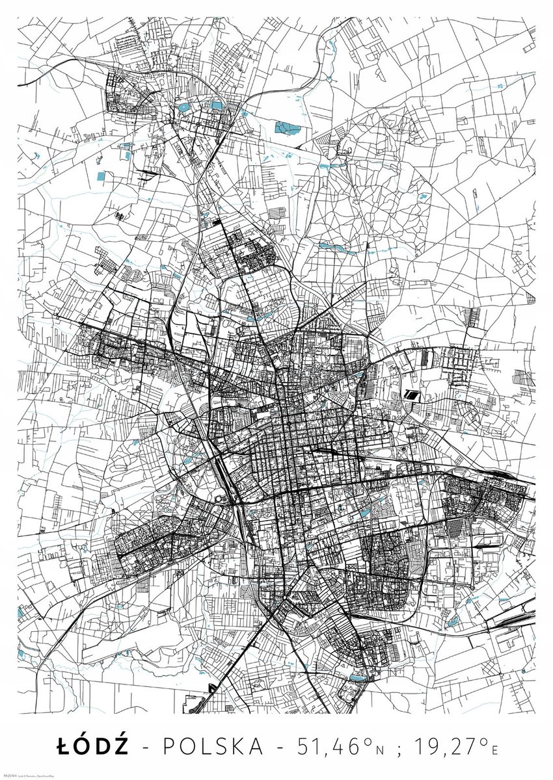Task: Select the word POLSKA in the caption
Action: click(x=212, y=746)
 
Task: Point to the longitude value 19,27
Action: click(x=452, y=746)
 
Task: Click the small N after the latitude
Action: click(x=381, y=749)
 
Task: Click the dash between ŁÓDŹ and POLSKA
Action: click(x=146, y=747)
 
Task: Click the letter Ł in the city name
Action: click(x=64, y=746)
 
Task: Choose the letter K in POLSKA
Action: click(x=239, y=746)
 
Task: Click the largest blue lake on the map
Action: click(x=284, y=127)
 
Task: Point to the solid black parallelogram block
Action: click(x=411, y=394)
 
